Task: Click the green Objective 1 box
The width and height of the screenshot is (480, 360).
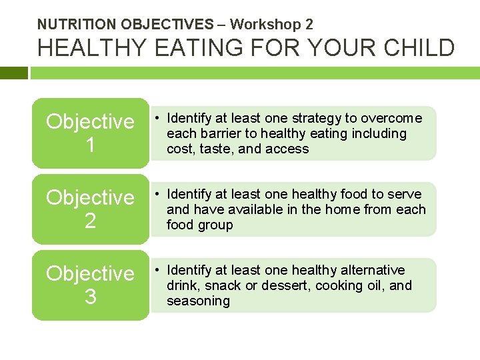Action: (x=90, y=133)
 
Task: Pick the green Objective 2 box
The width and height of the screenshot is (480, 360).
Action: (x=90, y=209)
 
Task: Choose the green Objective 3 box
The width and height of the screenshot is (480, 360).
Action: (x=90, y=285)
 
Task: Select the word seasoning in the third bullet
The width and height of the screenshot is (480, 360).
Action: (x=198, y=301)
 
